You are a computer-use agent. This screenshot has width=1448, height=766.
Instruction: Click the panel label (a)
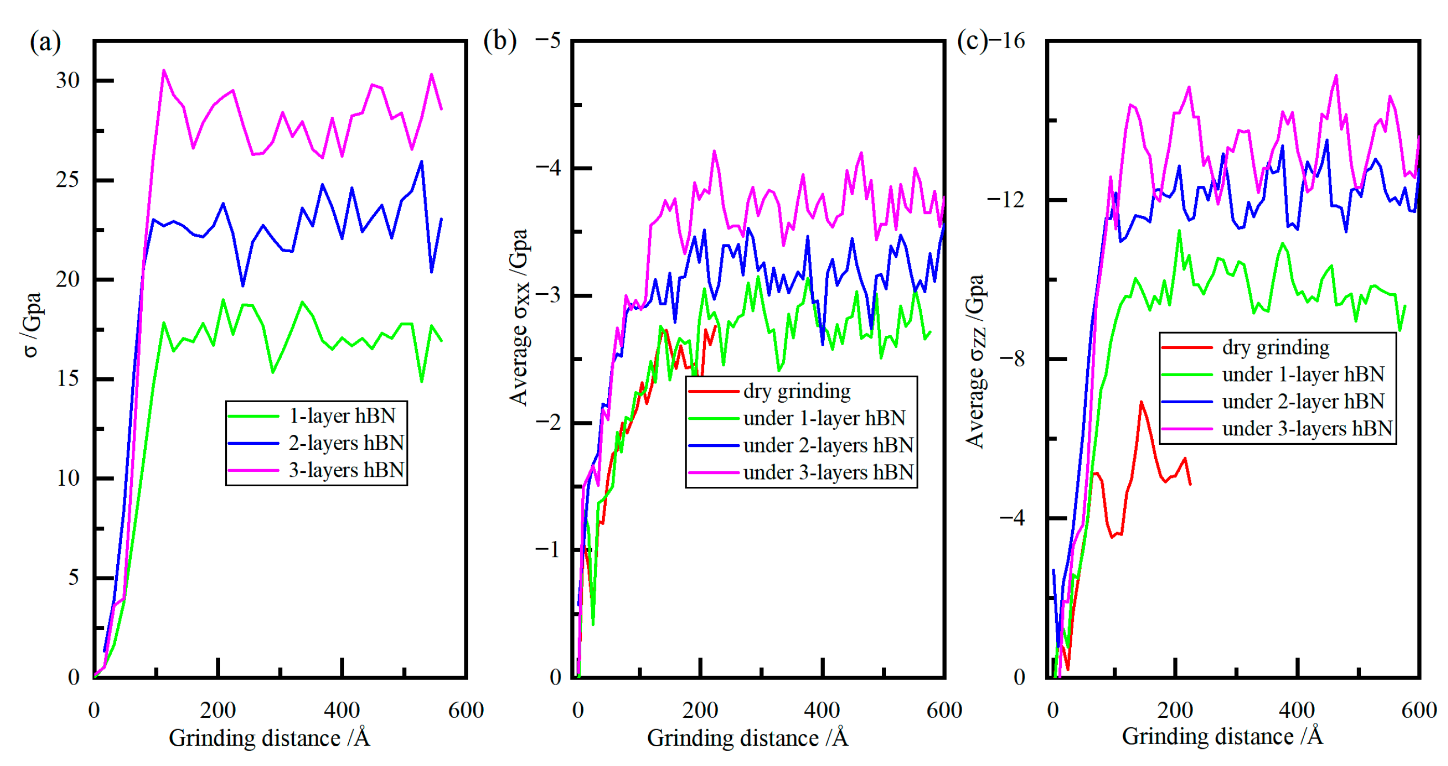pos(45,42)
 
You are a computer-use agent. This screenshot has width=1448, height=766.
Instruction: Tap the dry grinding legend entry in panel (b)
pos(797,391)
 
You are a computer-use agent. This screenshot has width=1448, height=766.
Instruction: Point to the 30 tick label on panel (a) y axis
pos(67,80)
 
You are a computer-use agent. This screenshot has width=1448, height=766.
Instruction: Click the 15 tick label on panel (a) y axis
pos(67,379)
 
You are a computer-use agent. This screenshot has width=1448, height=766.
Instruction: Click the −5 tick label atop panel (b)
pos(548,41)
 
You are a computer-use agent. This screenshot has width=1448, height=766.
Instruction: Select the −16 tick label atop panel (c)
pos(1007,41)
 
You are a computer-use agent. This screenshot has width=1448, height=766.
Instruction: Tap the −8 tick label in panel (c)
pos(1012,359)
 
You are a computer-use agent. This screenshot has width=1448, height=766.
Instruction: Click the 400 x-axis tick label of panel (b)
pos(822,710)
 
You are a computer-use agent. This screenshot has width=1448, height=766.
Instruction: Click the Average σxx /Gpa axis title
pos(519,317)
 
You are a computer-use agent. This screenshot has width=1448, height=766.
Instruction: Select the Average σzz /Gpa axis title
pos(975,361)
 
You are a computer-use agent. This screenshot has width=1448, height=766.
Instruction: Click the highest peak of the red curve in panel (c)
pos(1141,402)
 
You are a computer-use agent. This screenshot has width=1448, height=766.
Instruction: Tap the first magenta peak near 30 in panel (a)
pos(163,71)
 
